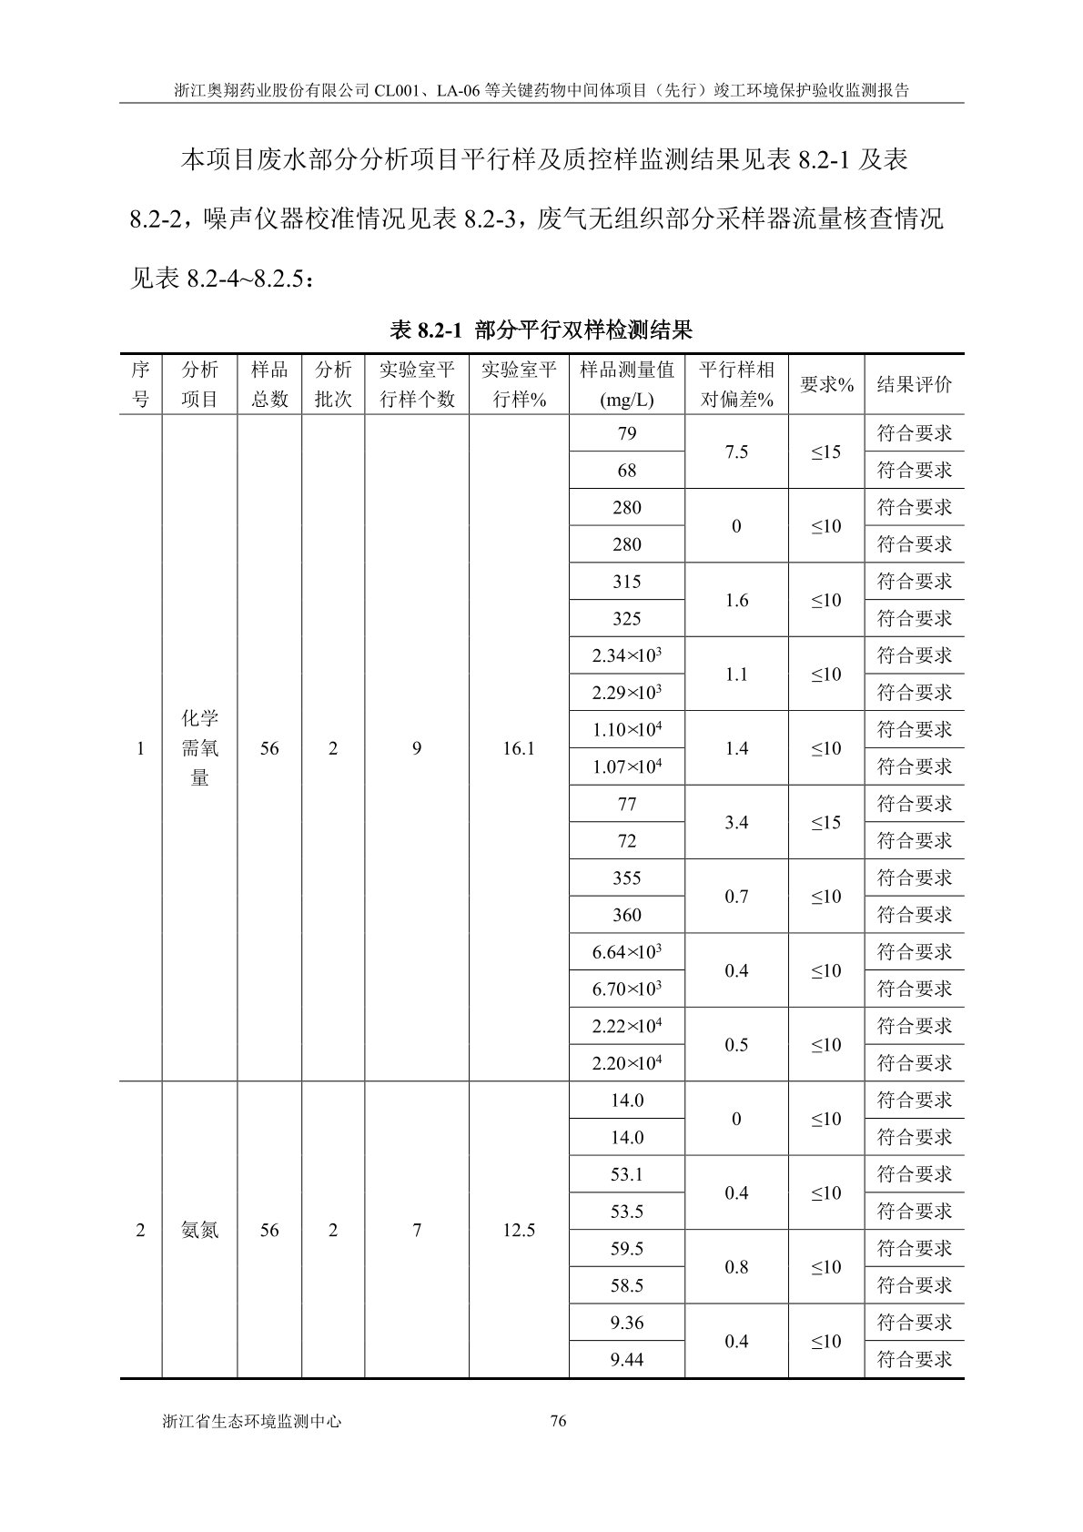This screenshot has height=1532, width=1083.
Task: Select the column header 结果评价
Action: (x=914, y=384)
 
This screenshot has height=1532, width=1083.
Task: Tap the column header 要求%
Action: (x=826, y=384)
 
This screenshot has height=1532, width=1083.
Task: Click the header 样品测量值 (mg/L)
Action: (x=626, y=384)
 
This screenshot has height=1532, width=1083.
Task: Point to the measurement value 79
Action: (x=626, y=433)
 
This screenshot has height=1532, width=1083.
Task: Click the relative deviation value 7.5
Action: (x=736, y=452)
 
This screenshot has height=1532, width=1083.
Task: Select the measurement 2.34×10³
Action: (x=626, y=655)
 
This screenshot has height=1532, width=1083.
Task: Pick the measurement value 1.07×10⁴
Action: (x=626, y=766)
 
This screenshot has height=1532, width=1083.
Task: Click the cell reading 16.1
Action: (x=519, y=748)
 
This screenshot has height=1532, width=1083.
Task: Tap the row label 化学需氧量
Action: (x=199, y=748)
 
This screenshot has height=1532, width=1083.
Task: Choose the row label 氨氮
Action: (x=199, y=1231)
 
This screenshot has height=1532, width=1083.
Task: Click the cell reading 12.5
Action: (x=519, y=1231)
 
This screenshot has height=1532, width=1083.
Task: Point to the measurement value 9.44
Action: (x=626, y=1360)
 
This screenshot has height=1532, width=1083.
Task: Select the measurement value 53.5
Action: (x=626, y=1212)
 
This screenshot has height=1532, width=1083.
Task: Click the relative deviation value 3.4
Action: (x=736, y=823)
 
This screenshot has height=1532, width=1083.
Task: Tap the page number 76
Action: (x=559, y=1421)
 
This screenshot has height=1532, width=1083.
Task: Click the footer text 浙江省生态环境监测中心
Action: (x=251, y=1421)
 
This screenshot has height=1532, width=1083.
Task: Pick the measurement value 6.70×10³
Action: (x=626, y=989)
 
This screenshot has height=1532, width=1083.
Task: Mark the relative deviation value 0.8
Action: (x=736, y=1267)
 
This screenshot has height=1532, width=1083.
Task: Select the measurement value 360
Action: (x=626, y=915)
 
